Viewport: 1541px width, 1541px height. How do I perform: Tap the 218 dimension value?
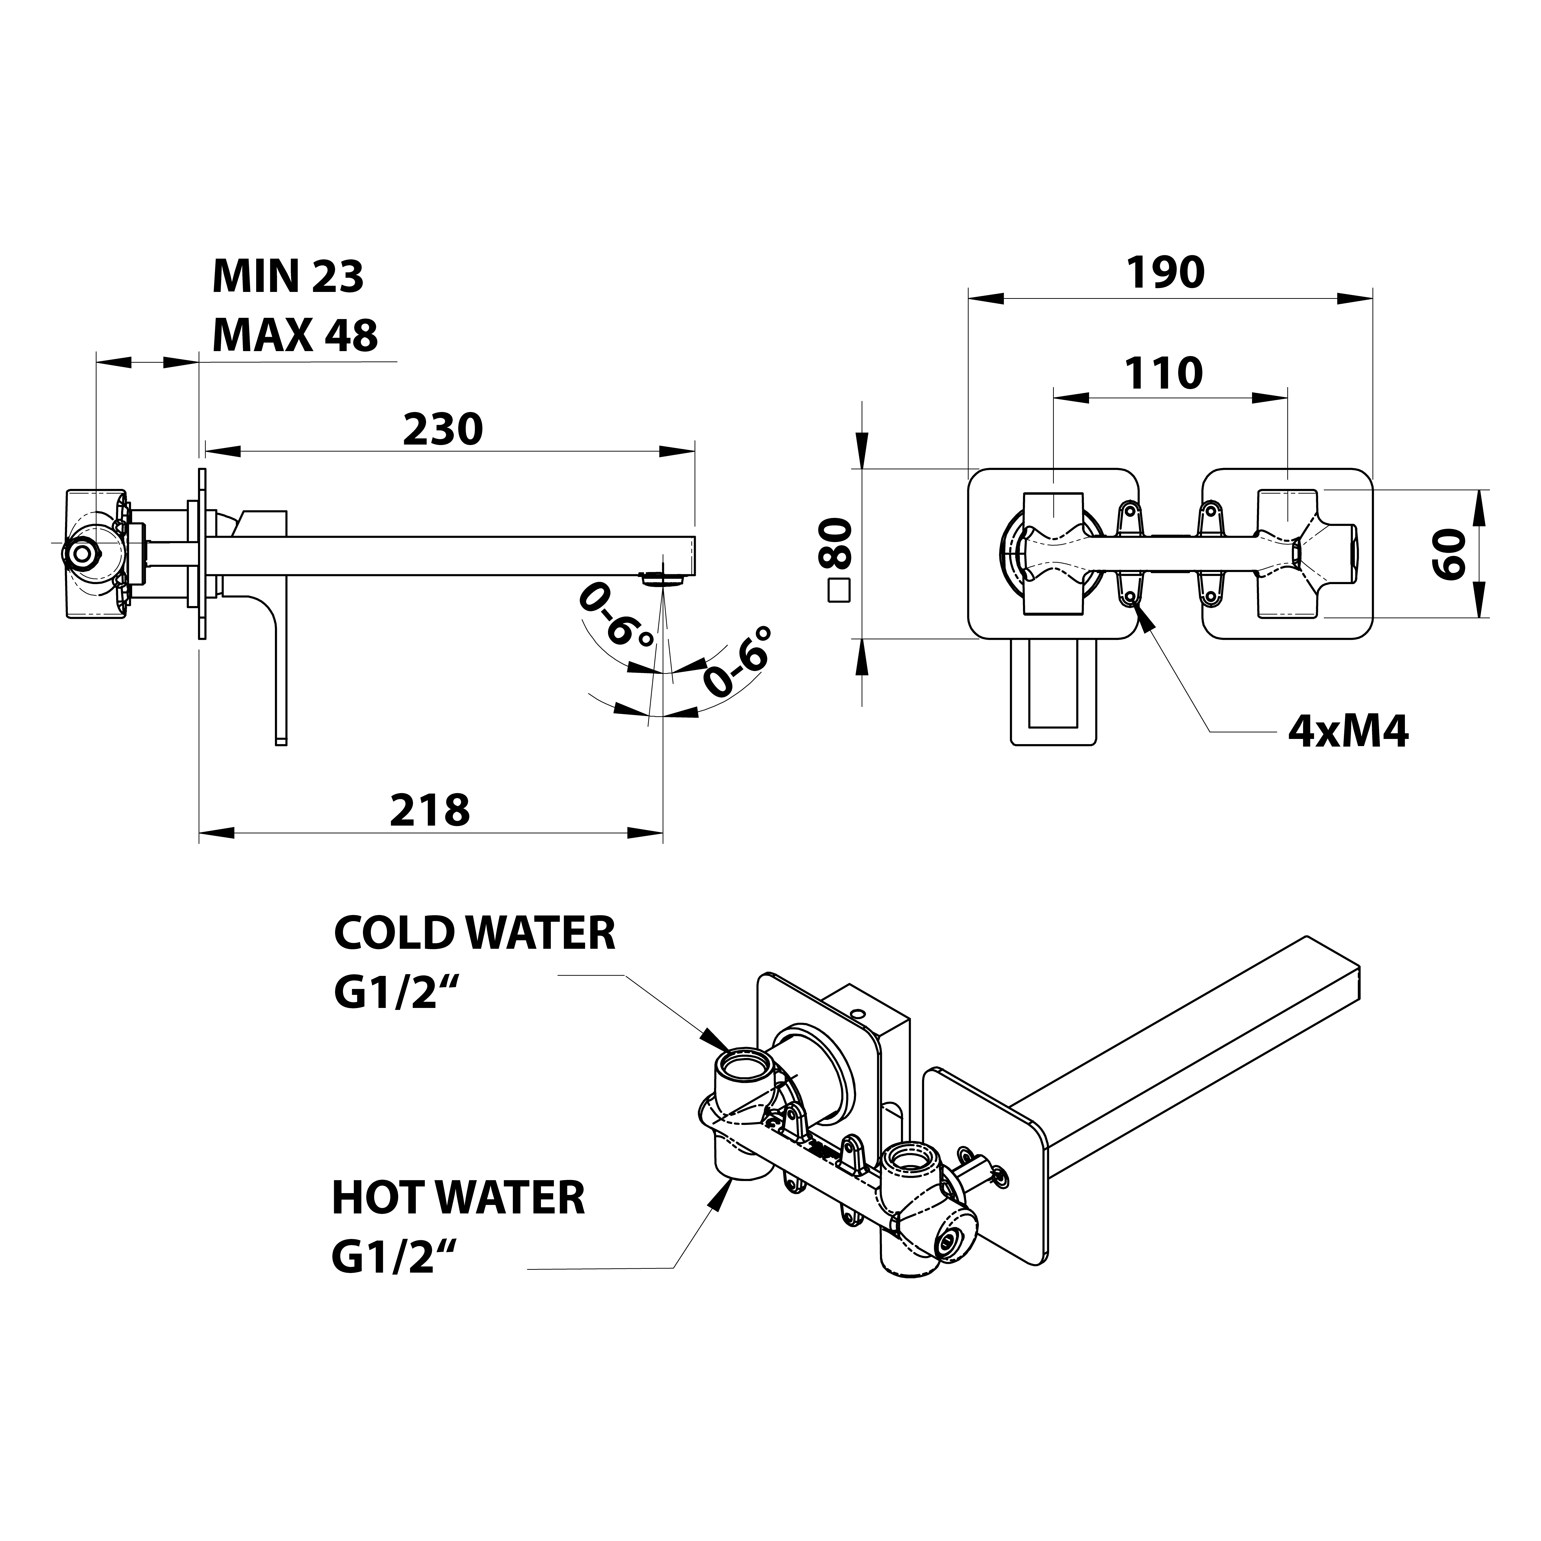click(430, 810)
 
